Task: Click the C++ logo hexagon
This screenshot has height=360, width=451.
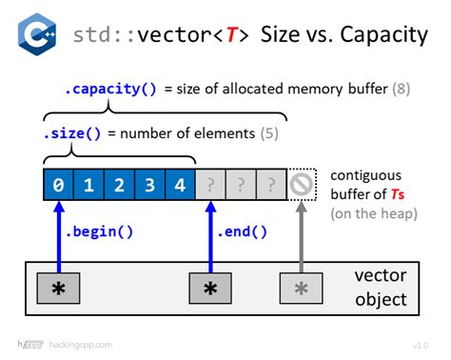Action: pos(37,37)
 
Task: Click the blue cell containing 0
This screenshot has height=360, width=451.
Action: pos(58,185)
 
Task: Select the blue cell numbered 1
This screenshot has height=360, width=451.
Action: pos(88,185)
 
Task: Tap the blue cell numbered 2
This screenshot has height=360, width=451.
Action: pos(119,185)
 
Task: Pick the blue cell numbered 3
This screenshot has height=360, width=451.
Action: pos(149,185)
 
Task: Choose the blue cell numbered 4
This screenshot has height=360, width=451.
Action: pos(180,185)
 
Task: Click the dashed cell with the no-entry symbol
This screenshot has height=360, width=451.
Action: pos(302,185)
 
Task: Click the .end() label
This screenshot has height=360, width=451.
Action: pos(243,230)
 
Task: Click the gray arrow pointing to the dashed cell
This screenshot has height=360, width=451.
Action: pos(302,233)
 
